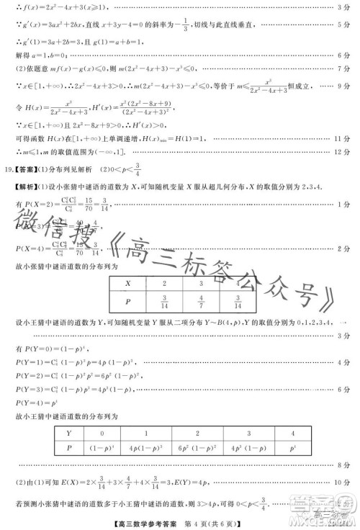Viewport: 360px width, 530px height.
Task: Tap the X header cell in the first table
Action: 127,283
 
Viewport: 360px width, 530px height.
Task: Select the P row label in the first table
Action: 127,303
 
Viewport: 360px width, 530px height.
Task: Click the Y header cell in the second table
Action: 69,434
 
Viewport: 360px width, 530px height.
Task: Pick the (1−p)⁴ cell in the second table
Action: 102,449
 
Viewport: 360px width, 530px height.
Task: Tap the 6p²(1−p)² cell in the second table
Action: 197,449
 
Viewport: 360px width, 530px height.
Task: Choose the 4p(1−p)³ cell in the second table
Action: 147,449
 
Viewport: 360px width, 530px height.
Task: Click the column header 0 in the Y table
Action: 102,434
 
